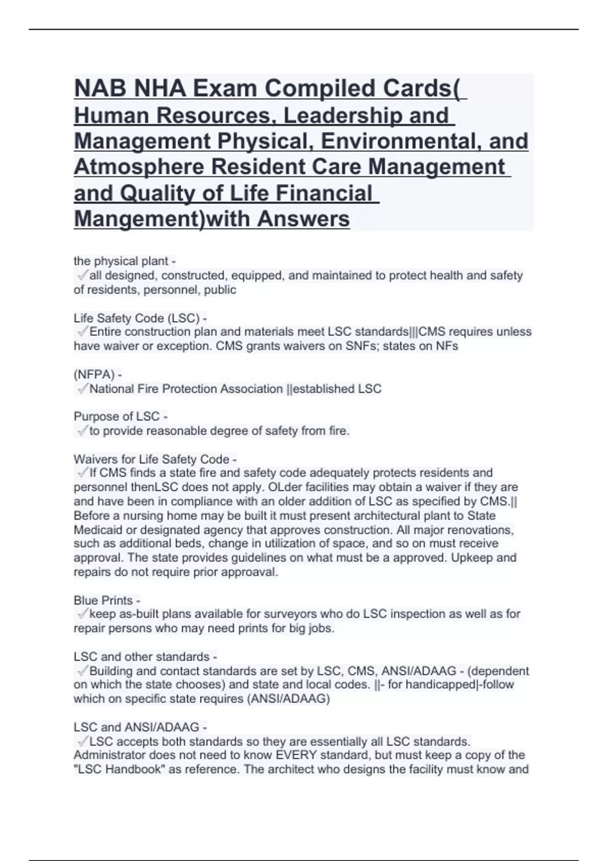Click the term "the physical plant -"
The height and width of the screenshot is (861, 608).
tap(125, 261)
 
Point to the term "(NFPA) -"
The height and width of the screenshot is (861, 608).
tap(97, 375)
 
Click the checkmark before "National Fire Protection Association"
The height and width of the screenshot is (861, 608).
tap(82, 389)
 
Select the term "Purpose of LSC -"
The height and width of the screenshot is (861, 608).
tap(120, 417)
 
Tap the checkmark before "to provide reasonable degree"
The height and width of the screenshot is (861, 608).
tap(82, 431)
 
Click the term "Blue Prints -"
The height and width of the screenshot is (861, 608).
tap(106, 600)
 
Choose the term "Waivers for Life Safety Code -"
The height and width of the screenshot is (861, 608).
tap(155, 459)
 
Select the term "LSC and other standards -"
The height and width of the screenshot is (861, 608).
tap(145, 657)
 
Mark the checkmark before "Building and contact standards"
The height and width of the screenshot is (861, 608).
tap(82, 671)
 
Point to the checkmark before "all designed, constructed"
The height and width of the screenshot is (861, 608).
tap(82, 276)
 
